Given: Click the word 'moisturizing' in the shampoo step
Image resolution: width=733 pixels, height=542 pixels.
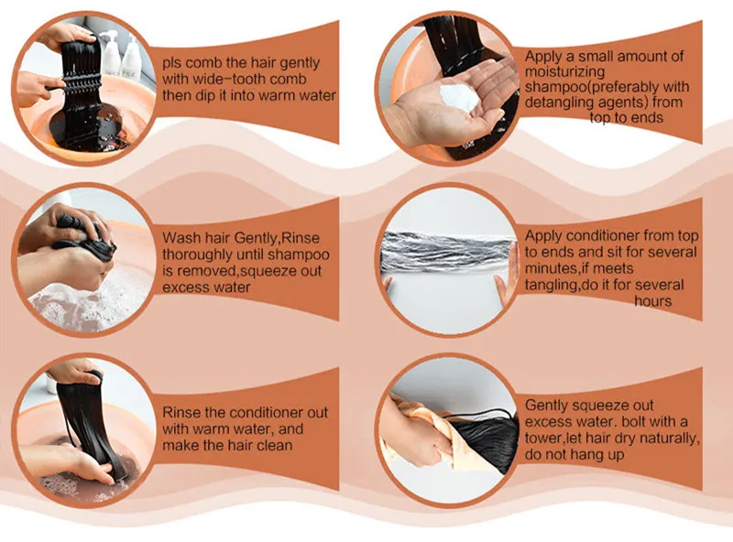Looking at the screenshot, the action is [x=564, y=72].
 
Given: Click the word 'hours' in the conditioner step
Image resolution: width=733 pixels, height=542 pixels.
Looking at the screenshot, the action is [x=652, y=301].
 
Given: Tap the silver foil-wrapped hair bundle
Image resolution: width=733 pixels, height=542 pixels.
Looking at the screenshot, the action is [x=449, y=253].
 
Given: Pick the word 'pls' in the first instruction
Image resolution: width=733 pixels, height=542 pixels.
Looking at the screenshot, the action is [x=172, y=64].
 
